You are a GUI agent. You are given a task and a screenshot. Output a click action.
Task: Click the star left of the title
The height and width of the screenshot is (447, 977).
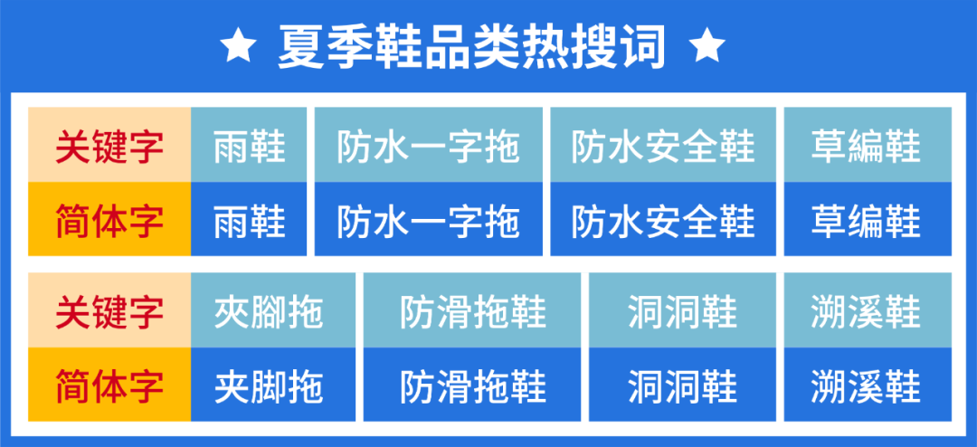(238, 45)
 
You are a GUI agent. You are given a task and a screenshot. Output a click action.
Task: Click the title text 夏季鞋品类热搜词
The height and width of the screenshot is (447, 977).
(472, 45)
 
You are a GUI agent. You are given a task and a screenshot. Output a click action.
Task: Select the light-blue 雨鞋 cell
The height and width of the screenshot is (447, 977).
(250, 146)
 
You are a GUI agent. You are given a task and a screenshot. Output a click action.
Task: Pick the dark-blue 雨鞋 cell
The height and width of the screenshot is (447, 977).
(250, 220)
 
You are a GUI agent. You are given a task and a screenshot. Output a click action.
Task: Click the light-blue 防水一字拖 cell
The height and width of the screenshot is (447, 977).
(429, 146)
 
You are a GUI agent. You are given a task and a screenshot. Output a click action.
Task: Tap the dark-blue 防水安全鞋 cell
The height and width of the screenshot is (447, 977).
(663, 220)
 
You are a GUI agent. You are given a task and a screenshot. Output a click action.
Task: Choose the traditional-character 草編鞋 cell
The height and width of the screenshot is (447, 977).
(867, 146)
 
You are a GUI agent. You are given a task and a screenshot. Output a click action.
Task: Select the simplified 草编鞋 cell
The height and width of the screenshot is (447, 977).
(867, 220)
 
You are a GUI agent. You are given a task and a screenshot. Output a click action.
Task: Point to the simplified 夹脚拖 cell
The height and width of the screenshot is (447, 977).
(269, 386)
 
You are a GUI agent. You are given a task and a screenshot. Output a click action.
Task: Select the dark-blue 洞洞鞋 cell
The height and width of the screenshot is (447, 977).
(683, 386)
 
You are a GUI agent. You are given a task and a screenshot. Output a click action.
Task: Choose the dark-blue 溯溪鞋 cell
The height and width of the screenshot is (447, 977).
(867, 386)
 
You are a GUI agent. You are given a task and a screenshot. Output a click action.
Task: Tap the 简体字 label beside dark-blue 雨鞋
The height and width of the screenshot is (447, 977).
(109, 220)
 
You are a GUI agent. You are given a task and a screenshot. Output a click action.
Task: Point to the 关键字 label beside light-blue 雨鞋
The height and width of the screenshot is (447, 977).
(109, 146)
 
